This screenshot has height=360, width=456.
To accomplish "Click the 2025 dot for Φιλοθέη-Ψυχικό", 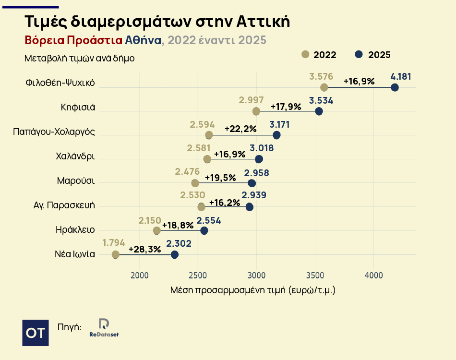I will tap(395, 87).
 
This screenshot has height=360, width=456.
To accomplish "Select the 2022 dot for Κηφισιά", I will tap(256, 111).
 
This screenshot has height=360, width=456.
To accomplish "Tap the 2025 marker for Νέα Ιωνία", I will tap(175, 254).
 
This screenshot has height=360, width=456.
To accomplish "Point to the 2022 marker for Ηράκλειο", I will tap(157, 231).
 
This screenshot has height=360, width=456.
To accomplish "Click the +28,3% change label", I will tap(145, 249).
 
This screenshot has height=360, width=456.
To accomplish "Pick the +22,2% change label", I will tap(240, 129).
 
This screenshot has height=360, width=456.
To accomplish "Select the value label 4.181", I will tap(401, 77).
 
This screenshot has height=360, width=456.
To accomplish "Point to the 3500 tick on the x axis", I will tap(315, 276).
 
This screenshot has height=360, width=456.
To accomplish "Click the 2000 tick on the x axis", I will tap(140, 276).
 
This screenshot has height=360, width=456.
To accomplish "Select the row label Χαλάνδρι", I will tap(75, 156).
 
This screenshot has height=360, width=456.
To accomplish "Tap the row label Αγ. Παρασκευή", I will tap(64, 205).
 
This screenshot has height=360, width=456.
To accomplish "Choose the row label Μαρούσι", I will tap(76, 181).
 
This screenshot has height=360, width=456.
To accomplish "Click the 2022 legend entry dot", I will tap(305, 54).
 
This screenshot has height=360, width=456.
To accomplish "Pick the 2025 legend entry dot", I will tap(359, 54).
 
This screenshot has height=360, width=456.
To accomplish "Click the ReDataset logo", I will tap(104, 327).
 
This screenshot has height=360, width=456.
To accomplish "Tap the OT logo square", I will tap(36, 332).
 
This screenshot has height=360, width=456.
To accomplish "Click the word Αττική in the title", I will tap(263, 22).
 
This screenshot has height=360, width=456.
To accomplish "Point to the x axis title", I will tap(252, 290).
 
